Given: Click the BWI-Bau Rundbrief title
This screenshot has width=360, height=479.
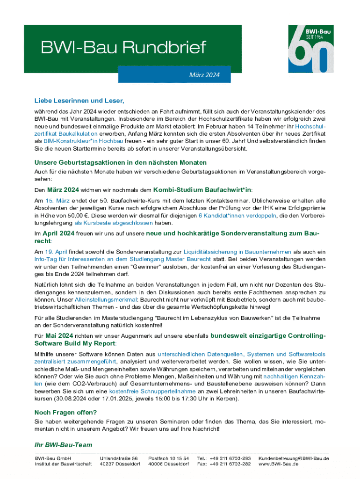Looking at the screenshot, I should tap(123, 48).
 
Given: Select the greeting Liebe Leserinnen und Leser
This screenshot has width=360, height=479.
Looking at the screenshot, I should tap(79, 101).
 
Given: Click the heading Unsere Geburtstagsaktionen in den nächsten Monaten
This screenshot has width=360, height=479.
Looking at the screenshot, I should tap(120, 162).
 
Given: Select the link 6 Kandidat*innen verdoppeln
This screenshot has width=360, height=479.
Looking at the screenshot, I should tap(238, 216).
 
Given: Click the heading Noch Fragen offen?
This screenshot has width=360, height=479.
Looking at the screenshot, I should tap(65, 412).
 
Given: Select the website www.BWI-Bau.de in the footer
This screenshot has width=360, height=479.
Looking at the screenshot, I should tap(282, 464).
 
